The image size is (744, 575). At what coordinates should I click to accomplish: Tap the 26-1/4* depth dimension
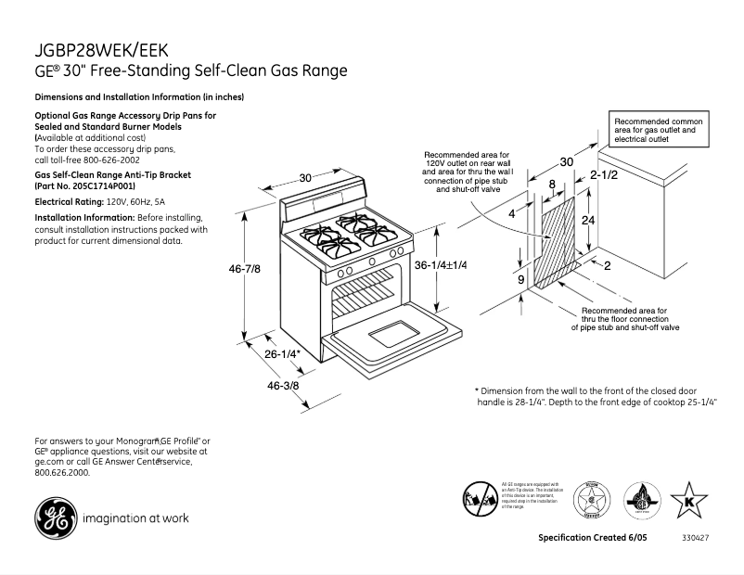(282, 354)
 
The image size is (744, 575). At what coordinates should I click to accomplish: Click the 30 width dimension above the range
(305, 177)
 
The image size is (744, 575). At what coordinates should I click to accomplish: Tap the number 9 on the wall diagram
(520, 278)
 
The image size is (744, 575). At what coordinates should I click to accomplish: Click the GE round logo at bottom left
(54, 517)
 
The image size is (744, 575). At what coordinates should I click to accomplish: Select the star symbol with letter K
(688, 500)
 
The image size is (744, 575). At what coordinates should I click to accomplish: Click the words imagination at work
(137, 518)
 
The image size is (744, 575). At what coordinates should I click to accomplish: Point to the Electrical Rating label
(69, 201)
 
